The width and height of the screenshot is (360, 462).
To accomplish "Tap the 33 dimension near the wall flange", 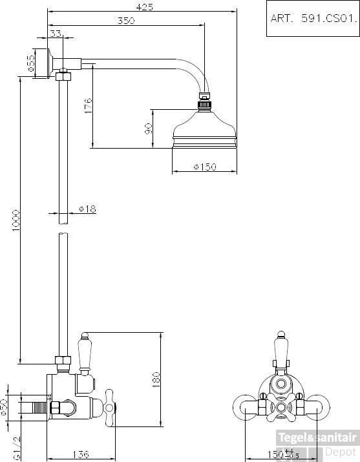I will click(56, 33).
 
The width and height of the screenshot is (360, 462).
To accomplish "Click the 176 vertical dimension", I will click(89, 106).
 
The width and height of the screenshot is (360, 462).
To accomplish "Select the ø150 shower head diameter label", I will click(205, 167).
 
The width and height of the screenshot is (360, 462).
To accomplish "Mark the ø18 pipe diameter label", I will click(87, 209).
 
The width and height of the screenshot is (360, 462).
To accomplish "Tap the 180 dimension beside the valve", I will click(155, 380).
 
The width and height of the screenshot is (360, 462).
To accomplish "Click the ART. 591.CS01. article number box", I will click(312, 19).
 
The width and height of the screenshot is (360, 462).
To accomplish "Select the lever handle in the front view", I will click(280, 353).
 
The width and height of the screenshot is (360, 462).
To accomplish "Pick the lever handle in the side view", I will click(84, 353).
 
